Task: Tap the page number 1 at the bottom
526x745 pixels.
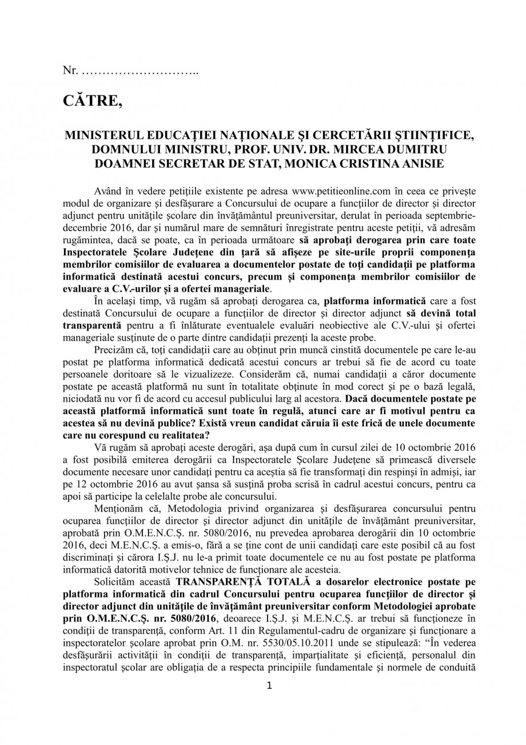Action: pos(269,686)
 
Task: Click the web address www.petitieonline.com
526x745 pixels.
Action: pos(341,189)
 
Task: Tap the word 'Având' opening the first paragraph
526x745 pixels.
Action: pos(106,189)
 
